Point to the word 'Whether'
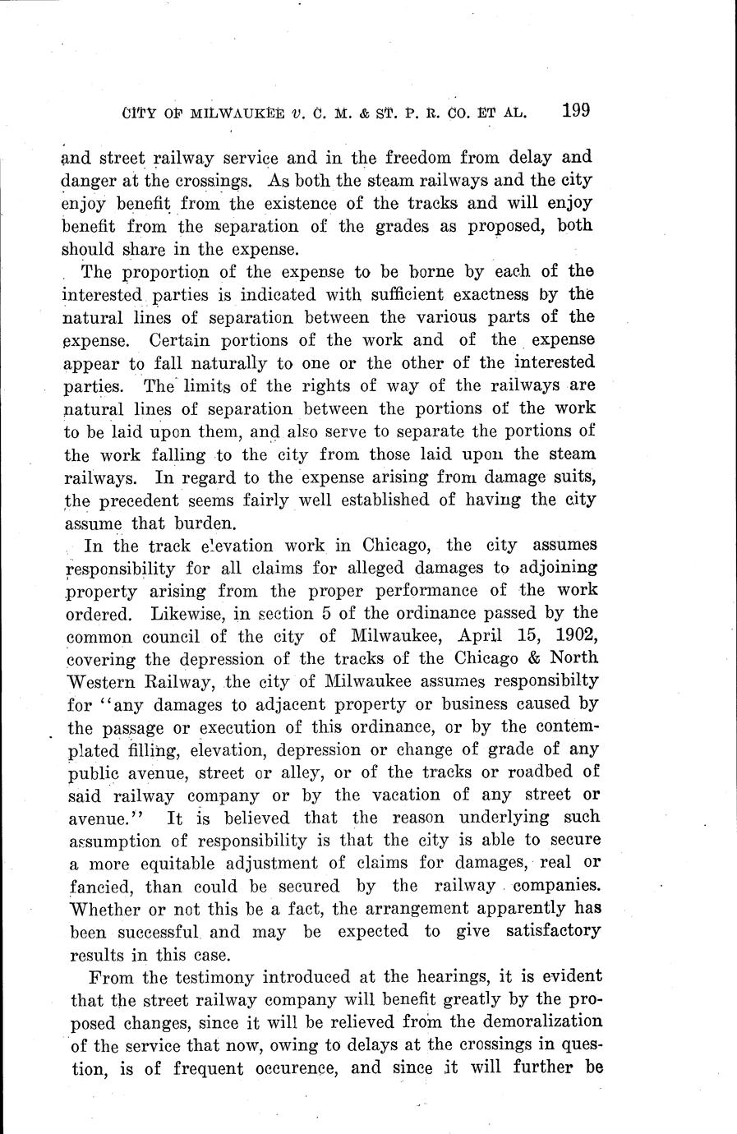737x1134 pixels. pos(97,909)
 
